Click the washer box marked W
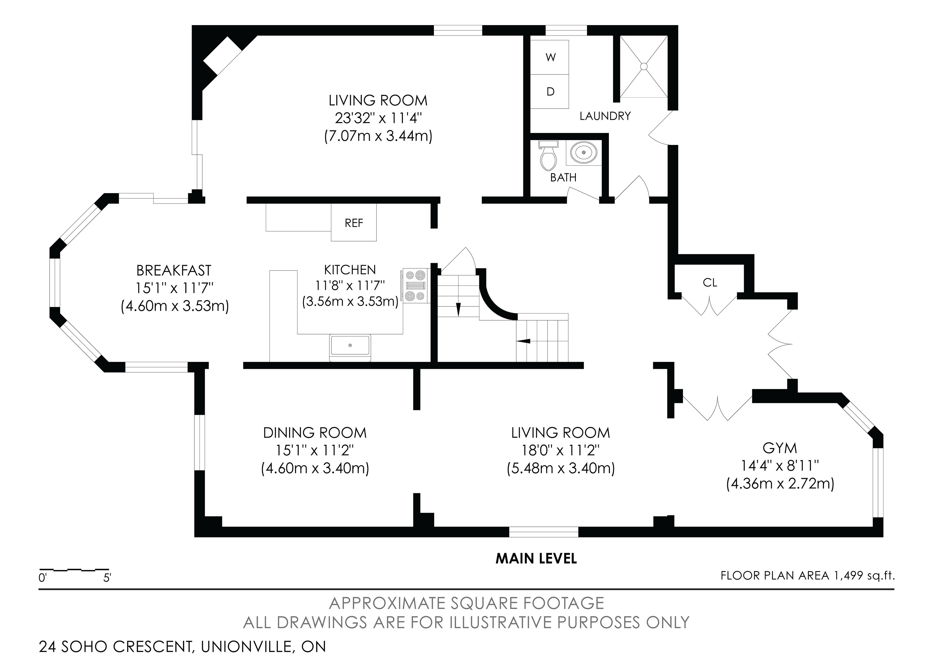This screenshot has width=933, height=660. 550,57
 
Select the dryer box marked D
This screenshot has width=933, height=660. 550,91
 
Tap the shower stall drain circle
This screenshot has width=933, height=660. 644,66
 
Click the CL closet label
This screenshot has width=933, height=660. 710,282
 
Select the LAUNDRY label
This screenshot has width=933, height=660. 605,116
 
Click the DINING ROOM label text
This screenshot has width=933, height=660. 315,433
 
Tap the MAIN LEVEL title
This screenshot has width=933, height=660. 536,559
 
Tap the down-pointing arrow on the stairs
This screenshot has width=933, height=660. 458,309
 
